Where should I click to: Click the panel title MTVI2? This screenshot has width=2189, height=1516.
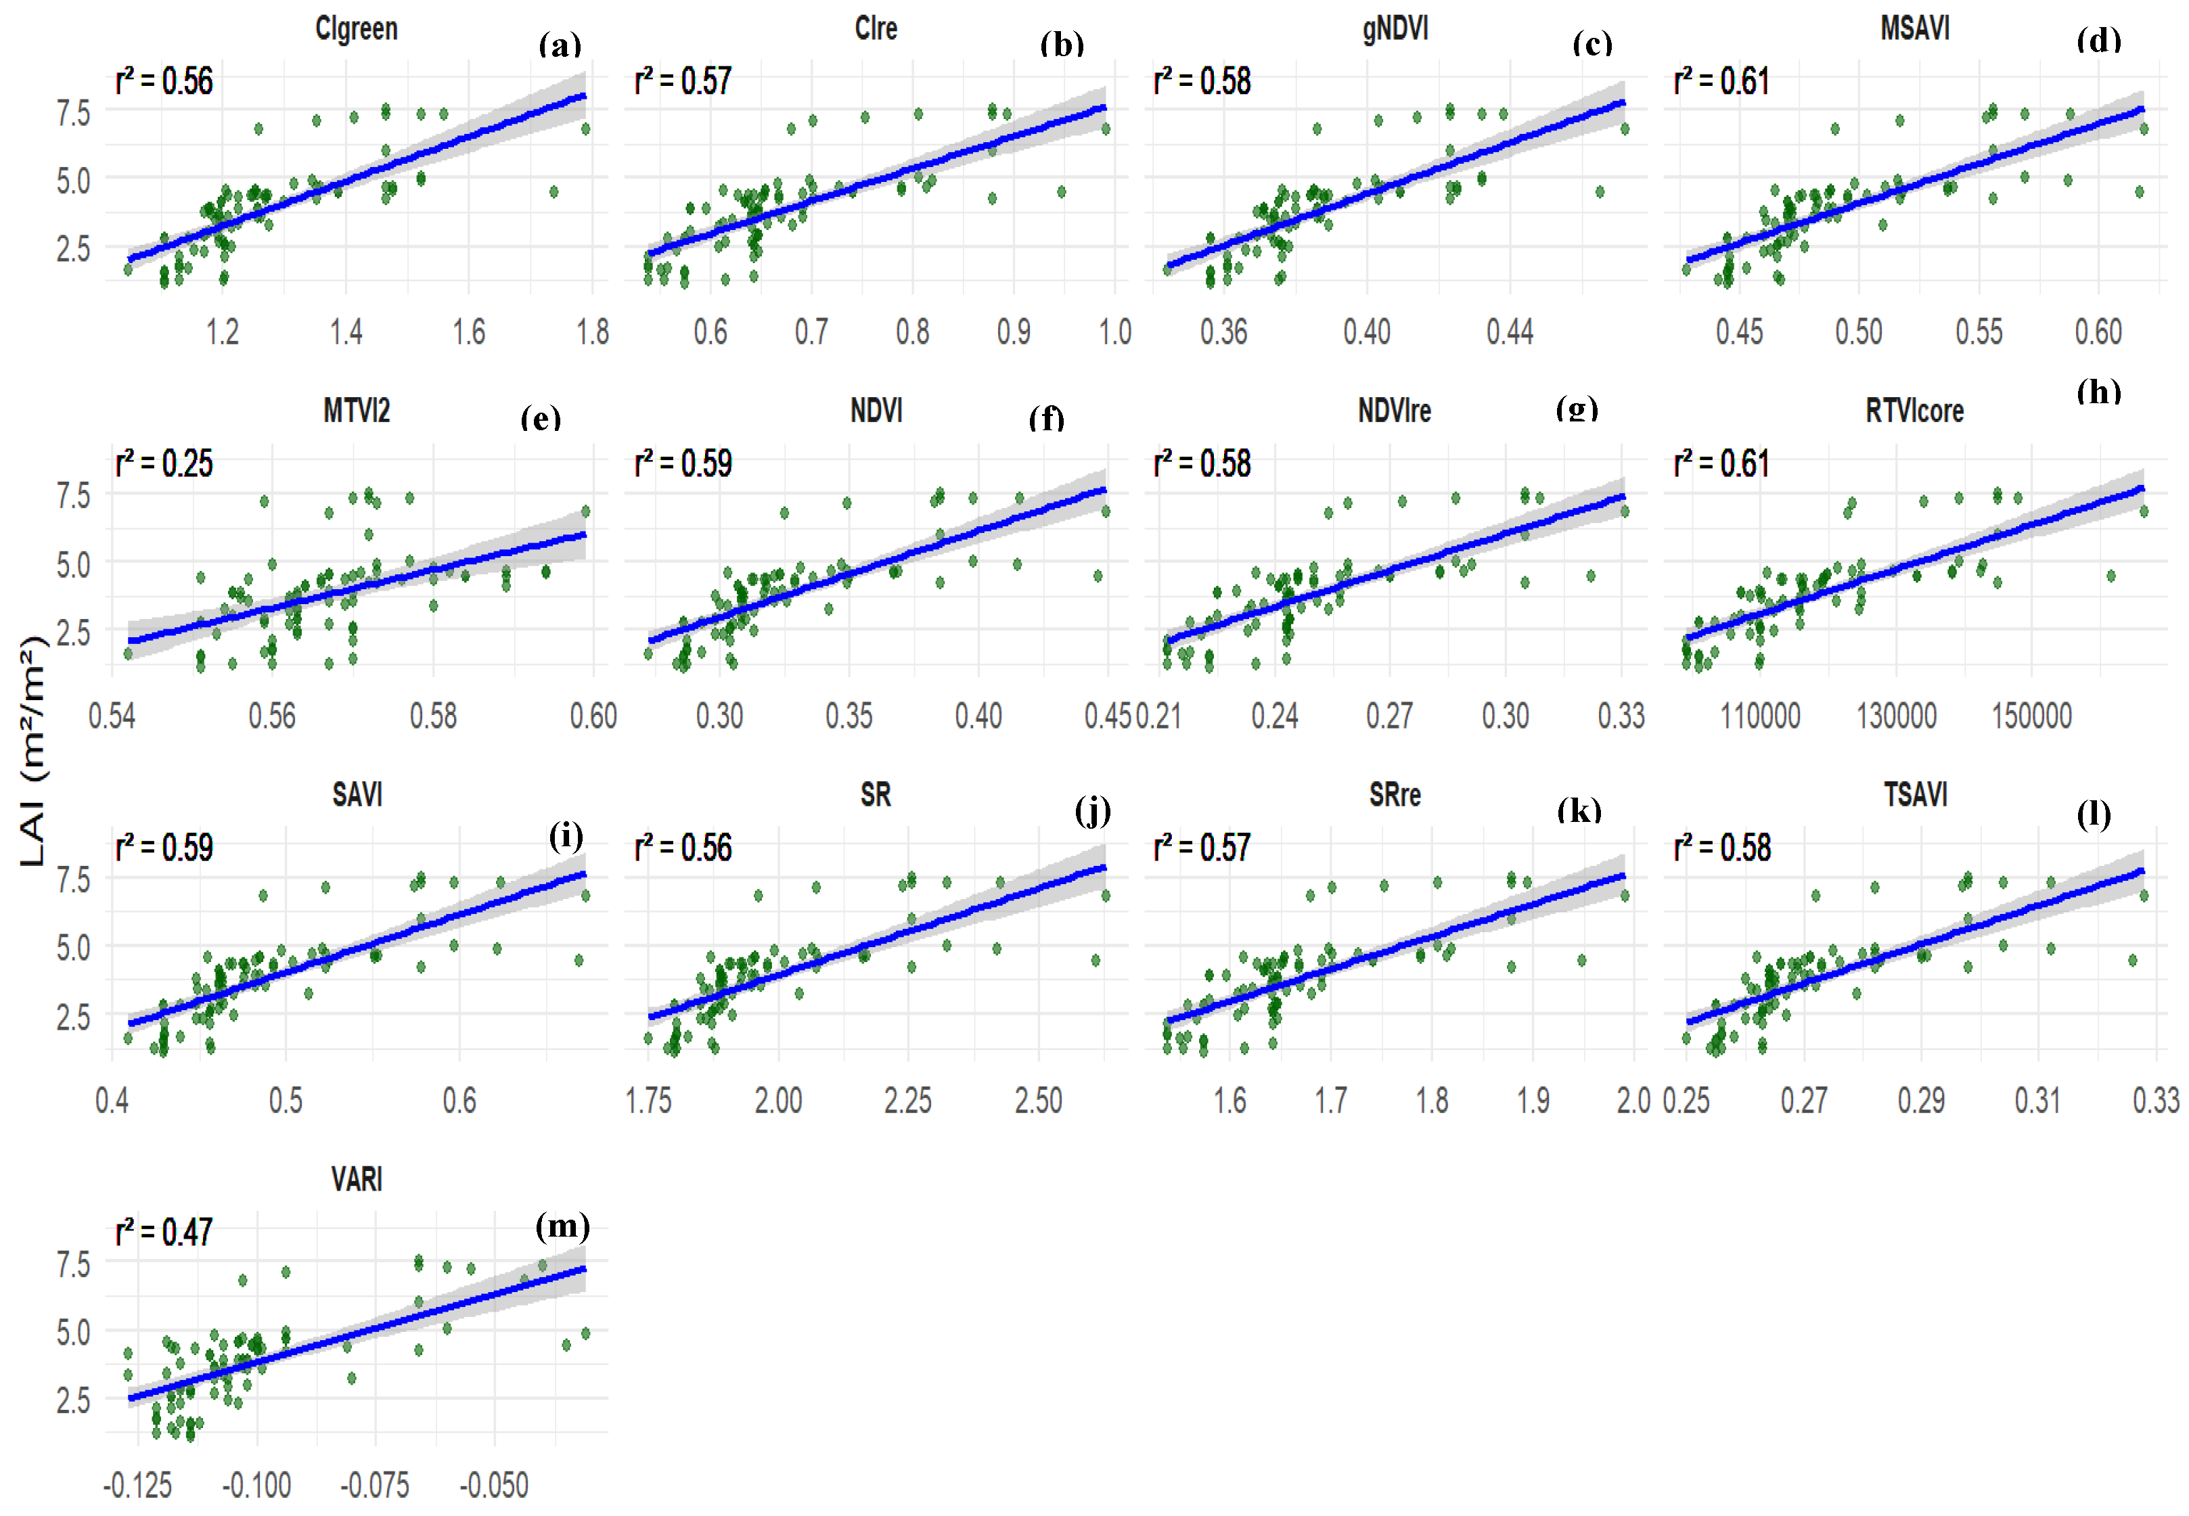pos(357,411)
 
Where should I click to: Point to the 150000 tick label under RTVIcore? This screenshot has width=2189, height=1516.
pos(2031,716)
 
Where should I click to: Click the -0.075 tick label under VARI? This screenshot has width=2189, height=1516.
pos(376,1486)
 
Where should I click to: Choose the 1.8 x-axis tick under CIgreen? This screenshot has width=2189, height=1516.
pos(592,332)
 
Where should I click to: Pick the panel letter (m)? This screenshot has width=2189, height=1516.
pos(562,1226)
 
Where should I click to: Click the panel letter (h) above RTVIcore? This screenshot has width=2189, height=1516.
pos(2098,392)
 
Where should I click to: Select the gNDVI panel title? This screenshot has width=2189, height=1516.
pos(1395,28)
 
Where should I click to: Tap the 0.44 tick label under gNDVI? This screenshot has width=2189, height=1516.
pos(1510,332)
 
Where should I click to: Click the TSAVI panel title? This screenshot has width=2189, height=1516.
pos(1916,794)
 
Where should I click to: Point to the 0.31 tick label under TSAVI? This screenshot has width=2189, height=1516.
pos(2038,1101)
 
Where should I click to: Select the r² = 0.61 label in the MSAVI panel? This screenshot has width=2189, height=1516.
pos(1721,82)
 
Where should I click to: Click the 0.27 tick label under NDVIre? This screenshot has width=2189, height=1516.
pos(1389,716)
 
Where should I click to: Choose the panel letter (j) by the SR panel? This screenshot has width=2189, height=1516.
pos(1093,811)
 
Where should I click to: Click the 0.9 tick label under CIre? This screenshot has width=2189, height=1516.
pos(1014,332)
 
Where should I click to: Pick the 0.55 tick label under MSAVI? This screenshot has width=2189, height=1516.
pos(1979,332)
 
